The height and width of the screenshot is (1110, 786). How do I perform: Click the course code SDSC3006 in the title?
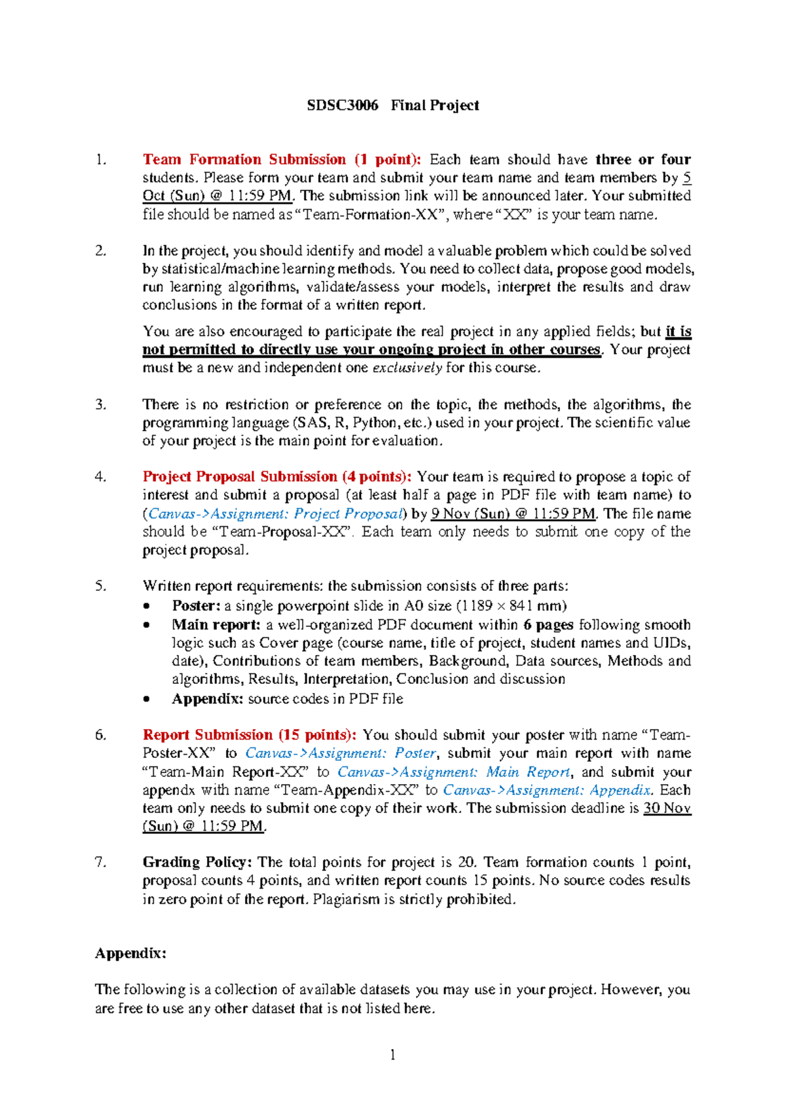(343, 105)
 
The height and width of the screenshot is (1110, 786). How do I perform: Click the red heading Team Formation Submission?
(244, 160)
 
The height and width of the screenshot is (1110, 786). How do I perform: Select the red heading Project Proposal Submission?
(240, 476)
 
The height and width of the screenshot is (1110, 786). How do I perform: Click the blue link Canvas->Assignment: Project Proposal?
(275, 514)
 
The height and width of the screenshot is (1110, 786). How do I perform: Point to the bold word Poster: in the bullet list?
(196, 606)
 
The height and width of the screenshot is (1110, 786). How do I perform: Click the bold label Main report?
(216, 625)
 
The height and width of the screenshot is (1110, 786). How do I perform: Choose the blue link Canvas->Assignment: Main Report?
(453, 772)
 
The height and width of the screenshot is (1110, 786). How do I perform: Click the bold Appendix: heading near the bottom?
(130, 953)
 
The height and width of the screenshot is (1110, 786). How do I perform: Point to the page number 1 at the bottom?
(392, 1054)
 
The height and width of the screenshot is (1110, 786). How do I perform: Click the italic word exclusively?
(407, 368)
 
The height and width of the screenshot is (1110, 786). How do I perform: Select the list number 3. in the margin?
(100, 404)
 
